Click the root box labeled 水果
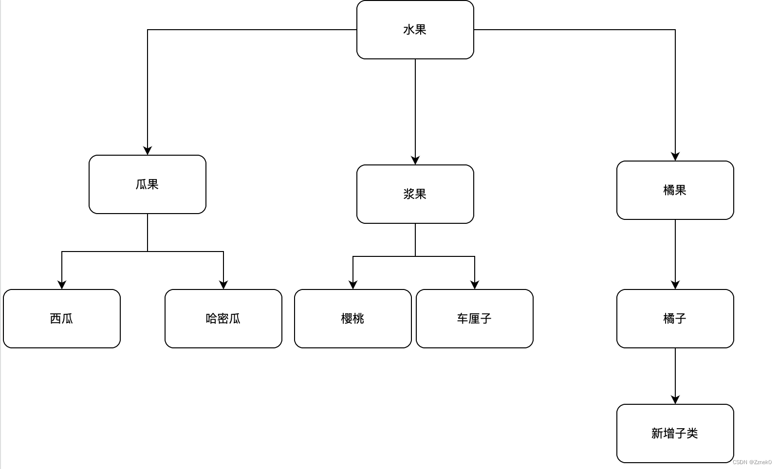pyautogui.click(x=415, y=30)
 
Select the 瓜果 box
pyautogui.click(x=147, y=184)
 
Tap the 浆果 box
pyautogui.click(x=415, y=194)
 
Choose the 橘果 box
pyautogui.click(x=675, y=190)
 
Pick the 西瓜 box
pyautogui.click(x=62, y=319)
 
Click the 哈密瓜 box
pyautogui.click(x=223, y=319)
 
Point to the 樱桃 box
pyautogui.click(x=352, y=319)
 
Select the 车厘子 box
pyautogui.click(x=474, y=319)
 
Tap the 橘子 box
pyautogui.click(x=675, y=319)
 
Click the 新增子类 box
pyautogui.click(x=675, y=433)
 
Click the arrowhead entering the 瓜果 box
pyautogui.click(x=148, y=150)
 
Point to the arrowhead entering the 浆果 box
pyautogui.click(x=415, y=160)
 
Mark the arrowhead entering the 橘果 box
pyautogui.click(x=675, y=156)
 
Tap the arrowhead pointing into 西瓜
pyautogui.click(x=62, y=285)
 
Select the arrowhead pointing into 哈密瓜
pyautogui.click(x=223, y=285)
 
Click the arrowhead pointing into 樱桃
pyautogui.click(x=353, y=285)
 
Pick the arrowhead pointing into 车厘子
pyautogui.click(x=475, y=285)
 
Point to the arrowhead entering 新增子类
pyautogui.click(x=675, y=399)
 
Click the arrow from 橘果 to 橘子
pyautogui.click(x=675, y=253)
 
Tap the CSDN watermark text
pyautogui.click(x=752, y=462)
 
